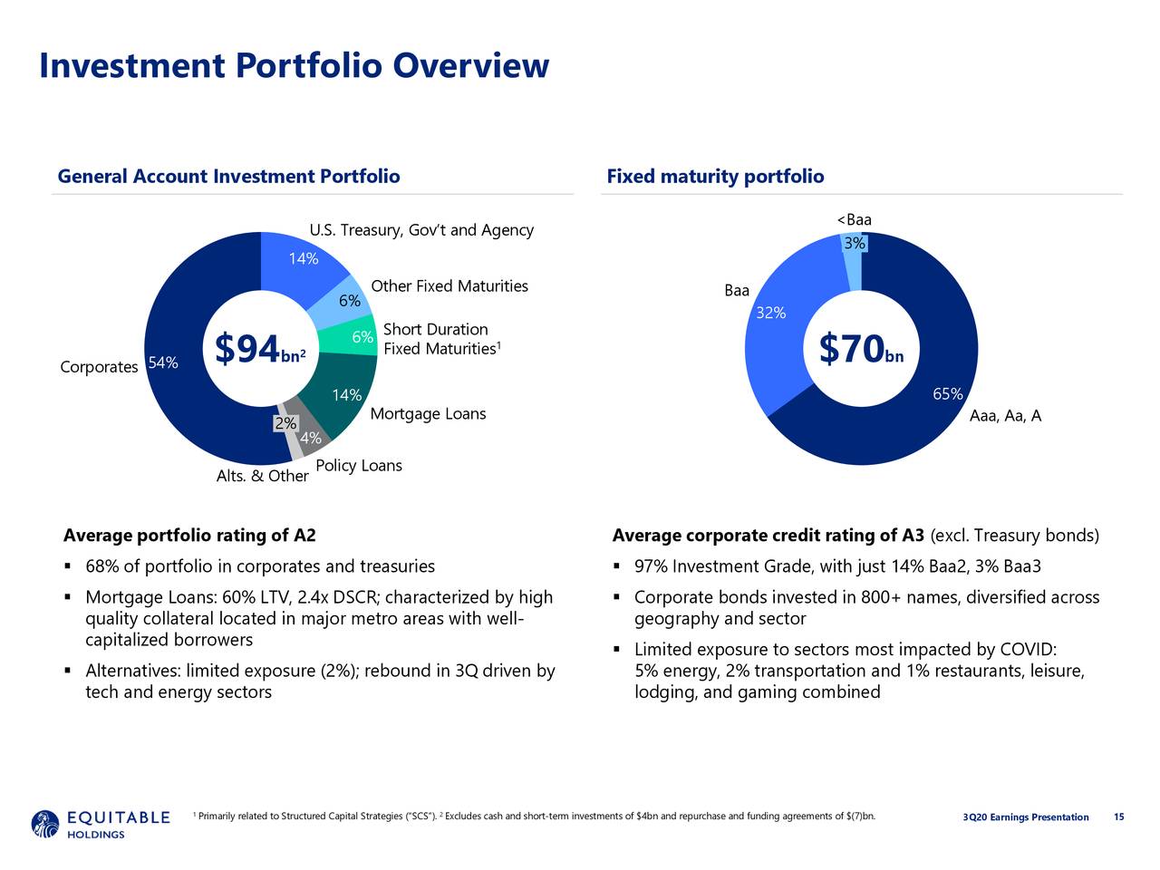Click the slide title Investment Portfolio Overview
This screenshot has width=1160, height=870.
[294, 66]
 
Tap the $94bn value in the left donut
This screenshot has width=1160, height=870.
[260, 350]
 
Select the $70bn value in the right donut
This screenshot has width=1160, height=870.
[860, 350]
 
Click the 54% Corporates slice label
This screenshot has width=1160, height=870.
[163, 363]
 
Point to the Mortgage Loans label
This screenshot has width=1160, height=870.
[428, 414]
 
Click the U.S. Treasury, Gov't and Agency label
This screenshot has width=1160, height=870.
[420, 230]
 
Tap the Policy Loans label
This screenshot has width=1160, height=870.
[358, 466]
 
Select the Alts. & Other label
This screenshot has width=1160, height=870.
[262, 476]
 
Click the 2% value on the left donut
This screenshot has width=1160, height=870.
[285, 424]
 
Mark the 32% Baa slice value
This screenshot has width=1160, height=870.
[770, 314]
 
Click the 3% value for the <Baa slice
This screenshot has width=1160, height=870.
[854, 244]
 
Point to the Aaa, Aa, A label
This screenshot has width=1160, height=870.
[1004, 416]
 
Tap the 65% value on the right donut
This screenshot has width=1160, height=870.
[947, 394]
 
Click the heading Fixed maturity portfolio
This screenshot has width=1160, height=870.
[715, 176]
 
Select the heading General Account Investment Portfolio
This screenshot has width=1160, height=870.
[228, 176]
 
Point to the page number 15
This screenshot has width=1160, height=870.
[1118, 817]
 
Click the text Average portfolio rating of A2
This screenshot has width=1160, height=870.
[189, 536]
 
